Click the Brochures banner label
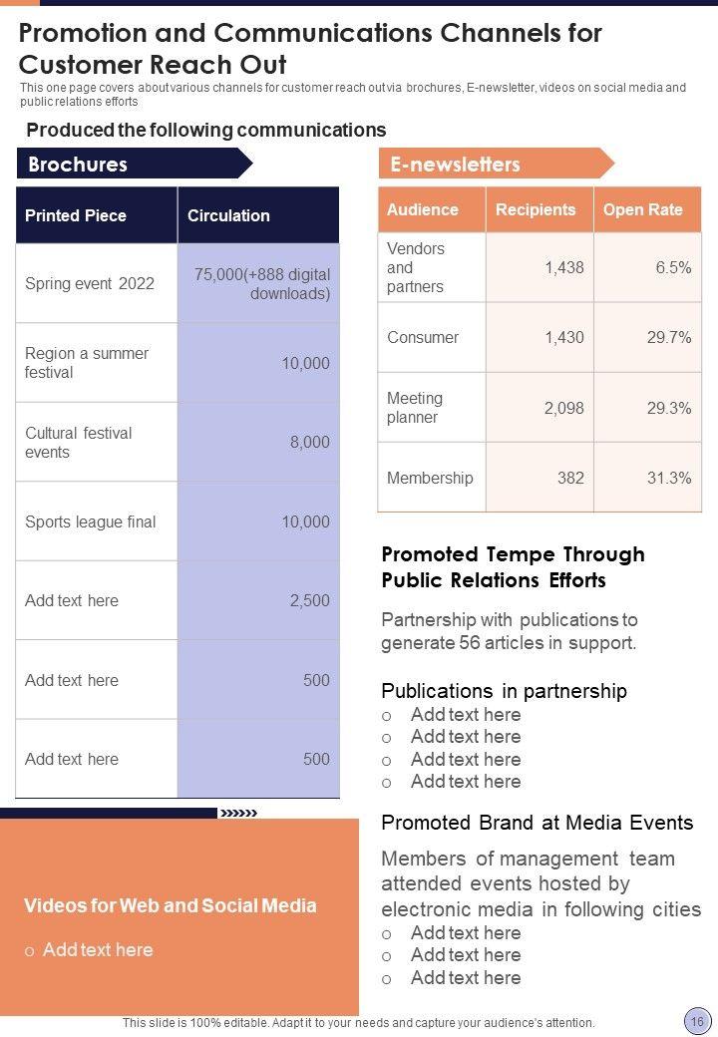[78, 165]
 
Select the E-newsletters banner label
[455, 165]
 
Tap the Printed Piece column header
[76, 215]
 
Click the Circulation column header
[228, 215]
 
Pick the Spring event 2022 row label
[90, 283]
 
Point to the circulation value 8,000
[309, 442]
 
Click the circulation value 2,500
[309, 600]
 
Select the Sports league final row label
[91, 521]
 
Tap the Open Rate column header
[643, 209]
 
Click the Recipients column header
[536, 209]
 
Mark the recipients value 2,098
[563, 408]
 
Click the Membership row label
[430, 478]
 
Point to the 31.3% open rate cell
[669, 478]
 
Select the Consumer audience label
[423, 337]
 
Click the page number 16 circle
[695, 1020]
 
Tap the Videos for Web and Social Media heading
[171, 905]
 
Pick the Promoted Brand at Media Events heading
[538, 823]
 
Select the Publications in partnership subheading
[505, 691]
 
